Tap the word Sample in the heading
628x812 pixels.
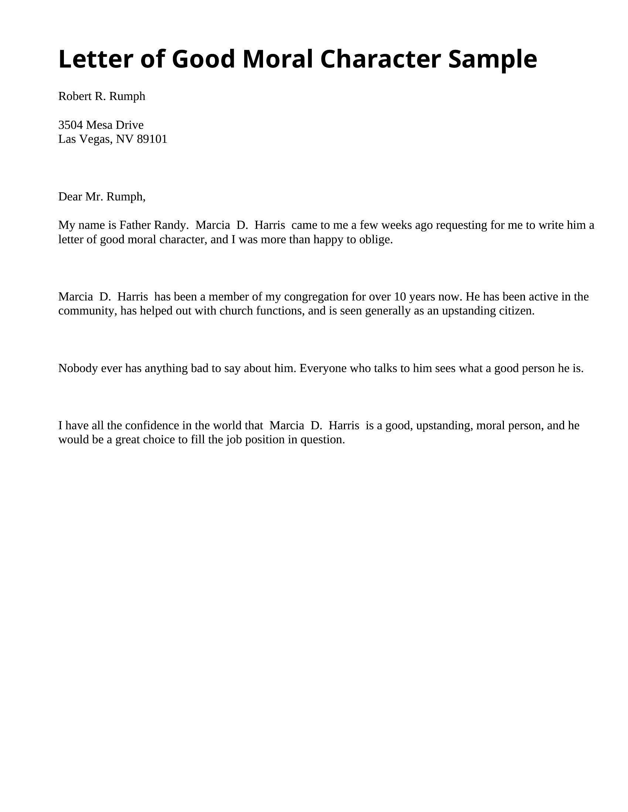[492, 59]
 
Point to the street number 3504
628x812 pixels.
[70, 124]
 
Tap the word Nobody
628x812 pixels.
[78, 368]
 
